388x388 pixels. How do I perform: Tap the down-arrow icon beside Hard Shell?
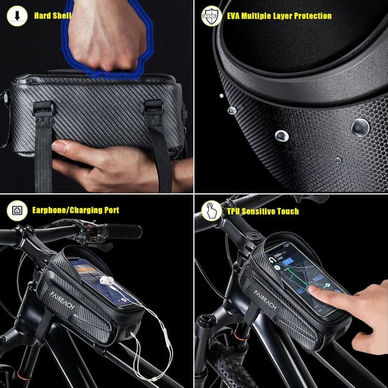click(16, 15)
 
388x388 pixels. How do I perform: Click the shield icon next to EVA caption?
click(210, 15)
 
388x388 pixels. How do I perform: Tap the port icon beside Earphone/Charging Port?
click(16, 210)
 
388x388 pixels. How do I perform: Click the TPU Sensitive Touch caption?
click(263, 211)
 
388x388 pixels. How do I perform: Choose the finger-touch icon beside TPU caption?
click(211, 210)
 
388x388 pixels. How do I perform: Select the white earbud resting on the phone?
click(107, 281)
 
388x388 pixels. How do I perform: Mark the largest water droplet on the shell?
click(360, 126)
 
